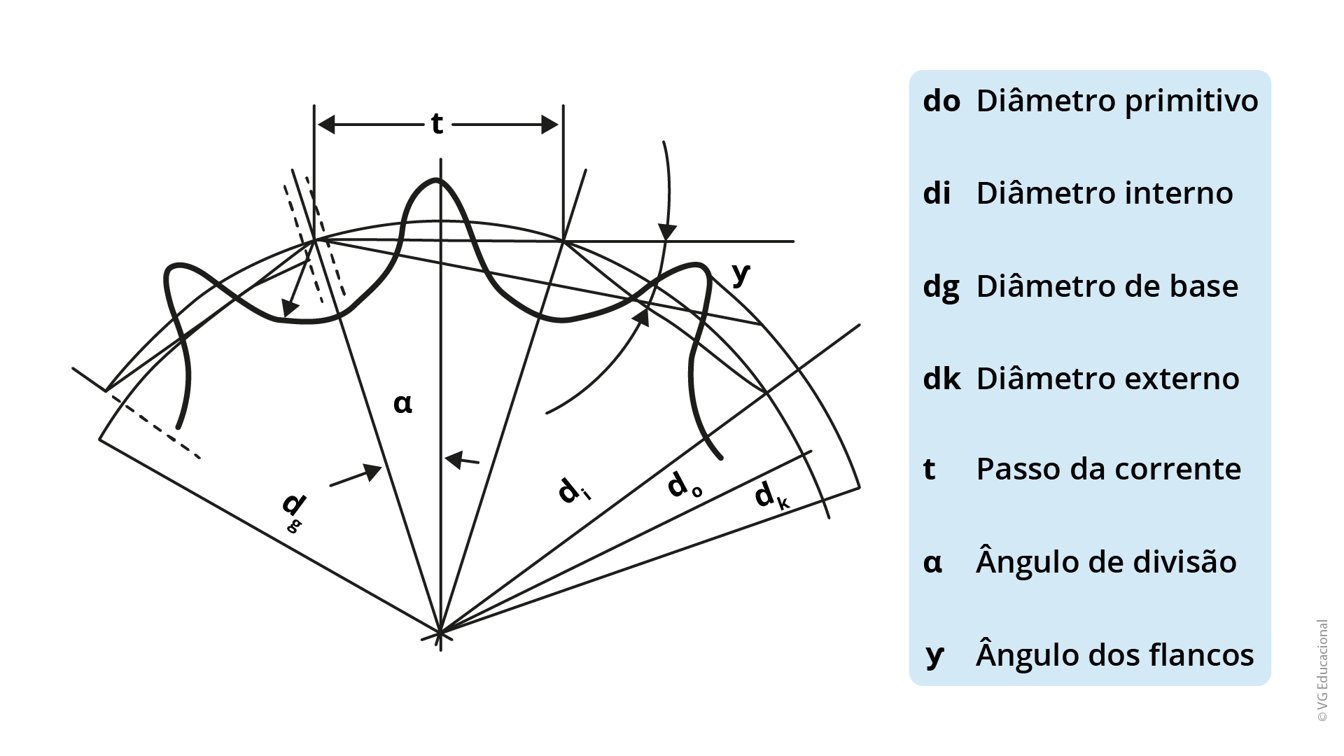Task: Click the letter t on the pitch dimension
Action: pos(437,124)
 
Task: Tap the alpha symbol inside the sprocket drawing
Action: pos(402,403)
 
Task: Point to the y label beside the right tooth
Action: pos(741,274)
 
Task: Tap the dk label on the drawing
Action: pos(771,495)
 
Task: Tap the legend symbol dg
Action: pos(941,287)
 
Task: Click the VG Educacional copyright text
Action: pos(1322,670)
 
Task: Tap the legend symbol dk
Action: pos(941,379)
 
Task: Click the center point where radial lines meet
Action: pos(440,633)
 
